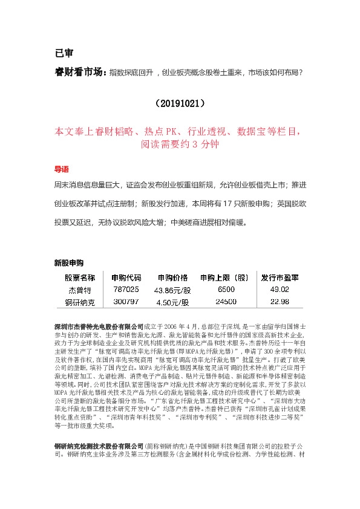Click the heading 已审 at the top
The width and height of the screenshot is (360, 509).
click(x=64, y=53)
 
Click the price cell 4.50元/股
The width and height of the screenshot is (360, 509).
click(x=173, y=302)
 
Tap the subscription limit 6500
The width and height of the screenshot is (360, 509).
click(x=226, y=290)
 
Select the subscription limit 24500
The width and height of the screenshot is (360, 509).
click(x=226, y=302)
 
